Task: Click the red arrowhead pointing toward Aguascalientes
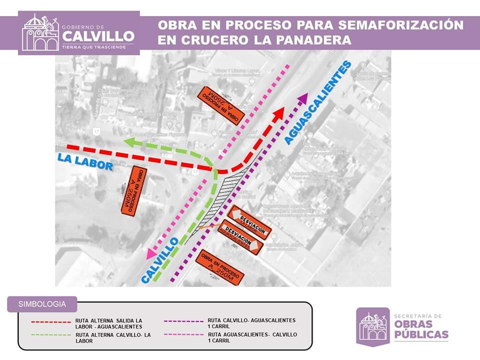278,113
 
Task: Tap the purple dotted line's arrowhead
302,98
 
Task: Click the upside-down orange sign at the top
221,105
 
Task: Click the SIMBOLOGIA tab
42,304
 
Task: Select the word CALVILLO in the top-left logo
99,36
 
